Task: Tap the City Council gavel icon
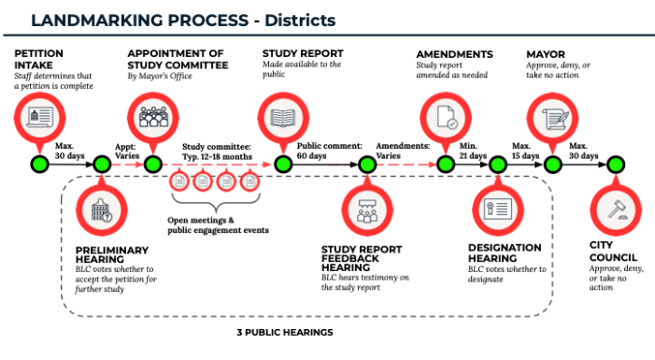617,211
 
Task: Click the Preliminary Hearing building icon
100,210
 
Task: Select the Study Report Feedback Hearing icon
363,211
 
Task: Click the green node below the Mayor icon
552,165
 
